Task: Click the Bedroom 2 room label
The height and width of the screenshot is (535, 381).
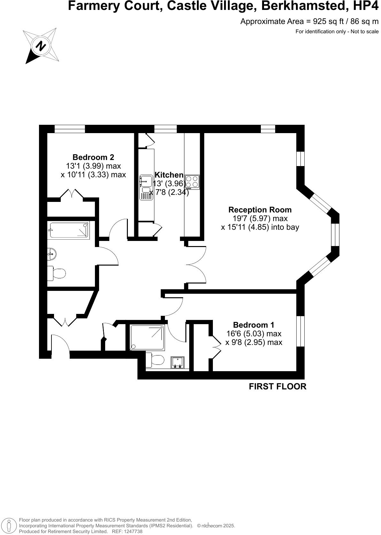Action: coord(93,157)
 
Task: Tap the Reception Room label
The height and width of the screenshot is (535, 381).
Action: coord(260,210)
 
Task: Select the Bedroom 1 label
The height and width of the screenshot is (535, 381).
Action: coord(253,325)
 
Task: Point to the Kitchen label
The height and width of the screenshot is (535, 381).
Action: coord(169,175)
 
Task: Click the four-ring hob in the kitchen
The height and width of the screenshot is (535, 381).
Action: coord(192,182)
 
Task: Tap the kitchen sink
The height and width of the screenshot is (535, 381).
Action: coord(147,181)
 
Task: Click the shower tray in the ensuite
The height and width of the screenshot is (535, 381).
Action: coord(147,338)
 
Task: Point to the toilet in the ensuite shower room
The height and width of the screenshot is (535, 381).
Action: coord(155,360)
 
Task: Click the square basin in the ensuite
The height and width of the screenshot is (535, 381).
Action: coord(177,363)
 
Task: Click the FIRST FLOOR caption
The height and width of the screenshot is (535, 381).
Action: coord(277,387)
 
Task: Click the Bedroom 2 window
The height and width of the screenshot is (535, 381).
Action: coord(70,129)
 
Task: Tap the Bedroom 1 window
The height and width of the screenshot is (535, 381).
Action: coord(300,331)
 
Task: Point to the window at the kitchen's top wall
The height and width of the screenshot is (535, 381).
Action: coord(165,129)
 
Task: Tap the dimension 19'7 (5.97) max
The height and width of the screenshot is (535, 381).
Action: coord(260,219)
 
